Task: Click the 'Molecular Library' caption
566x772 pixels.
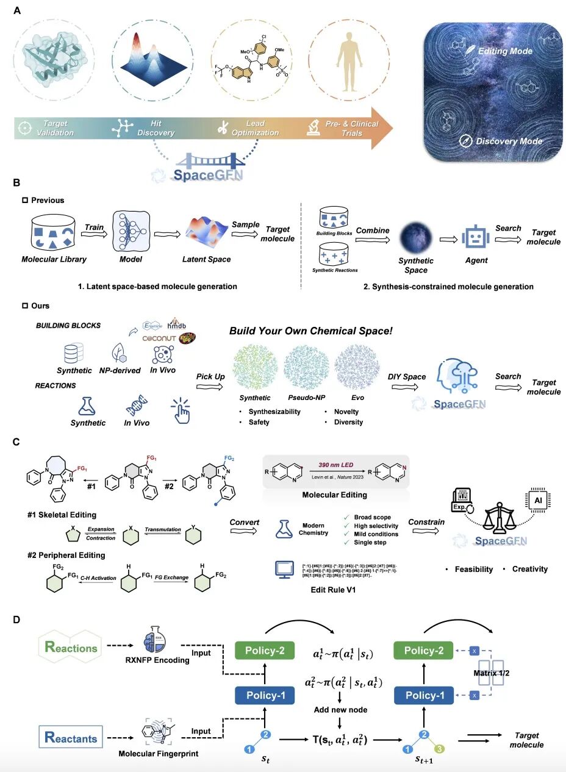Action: [54, 259]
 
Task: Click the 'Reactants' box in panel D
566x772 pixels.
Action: [70, 738]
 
